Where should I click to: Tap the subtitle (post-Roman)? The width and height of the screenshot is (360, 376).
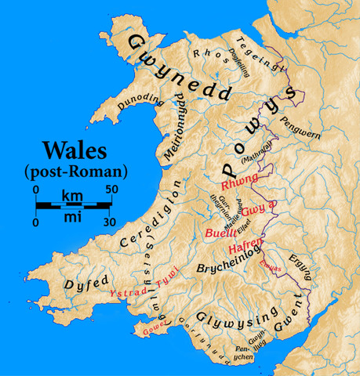pos(77,170)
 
